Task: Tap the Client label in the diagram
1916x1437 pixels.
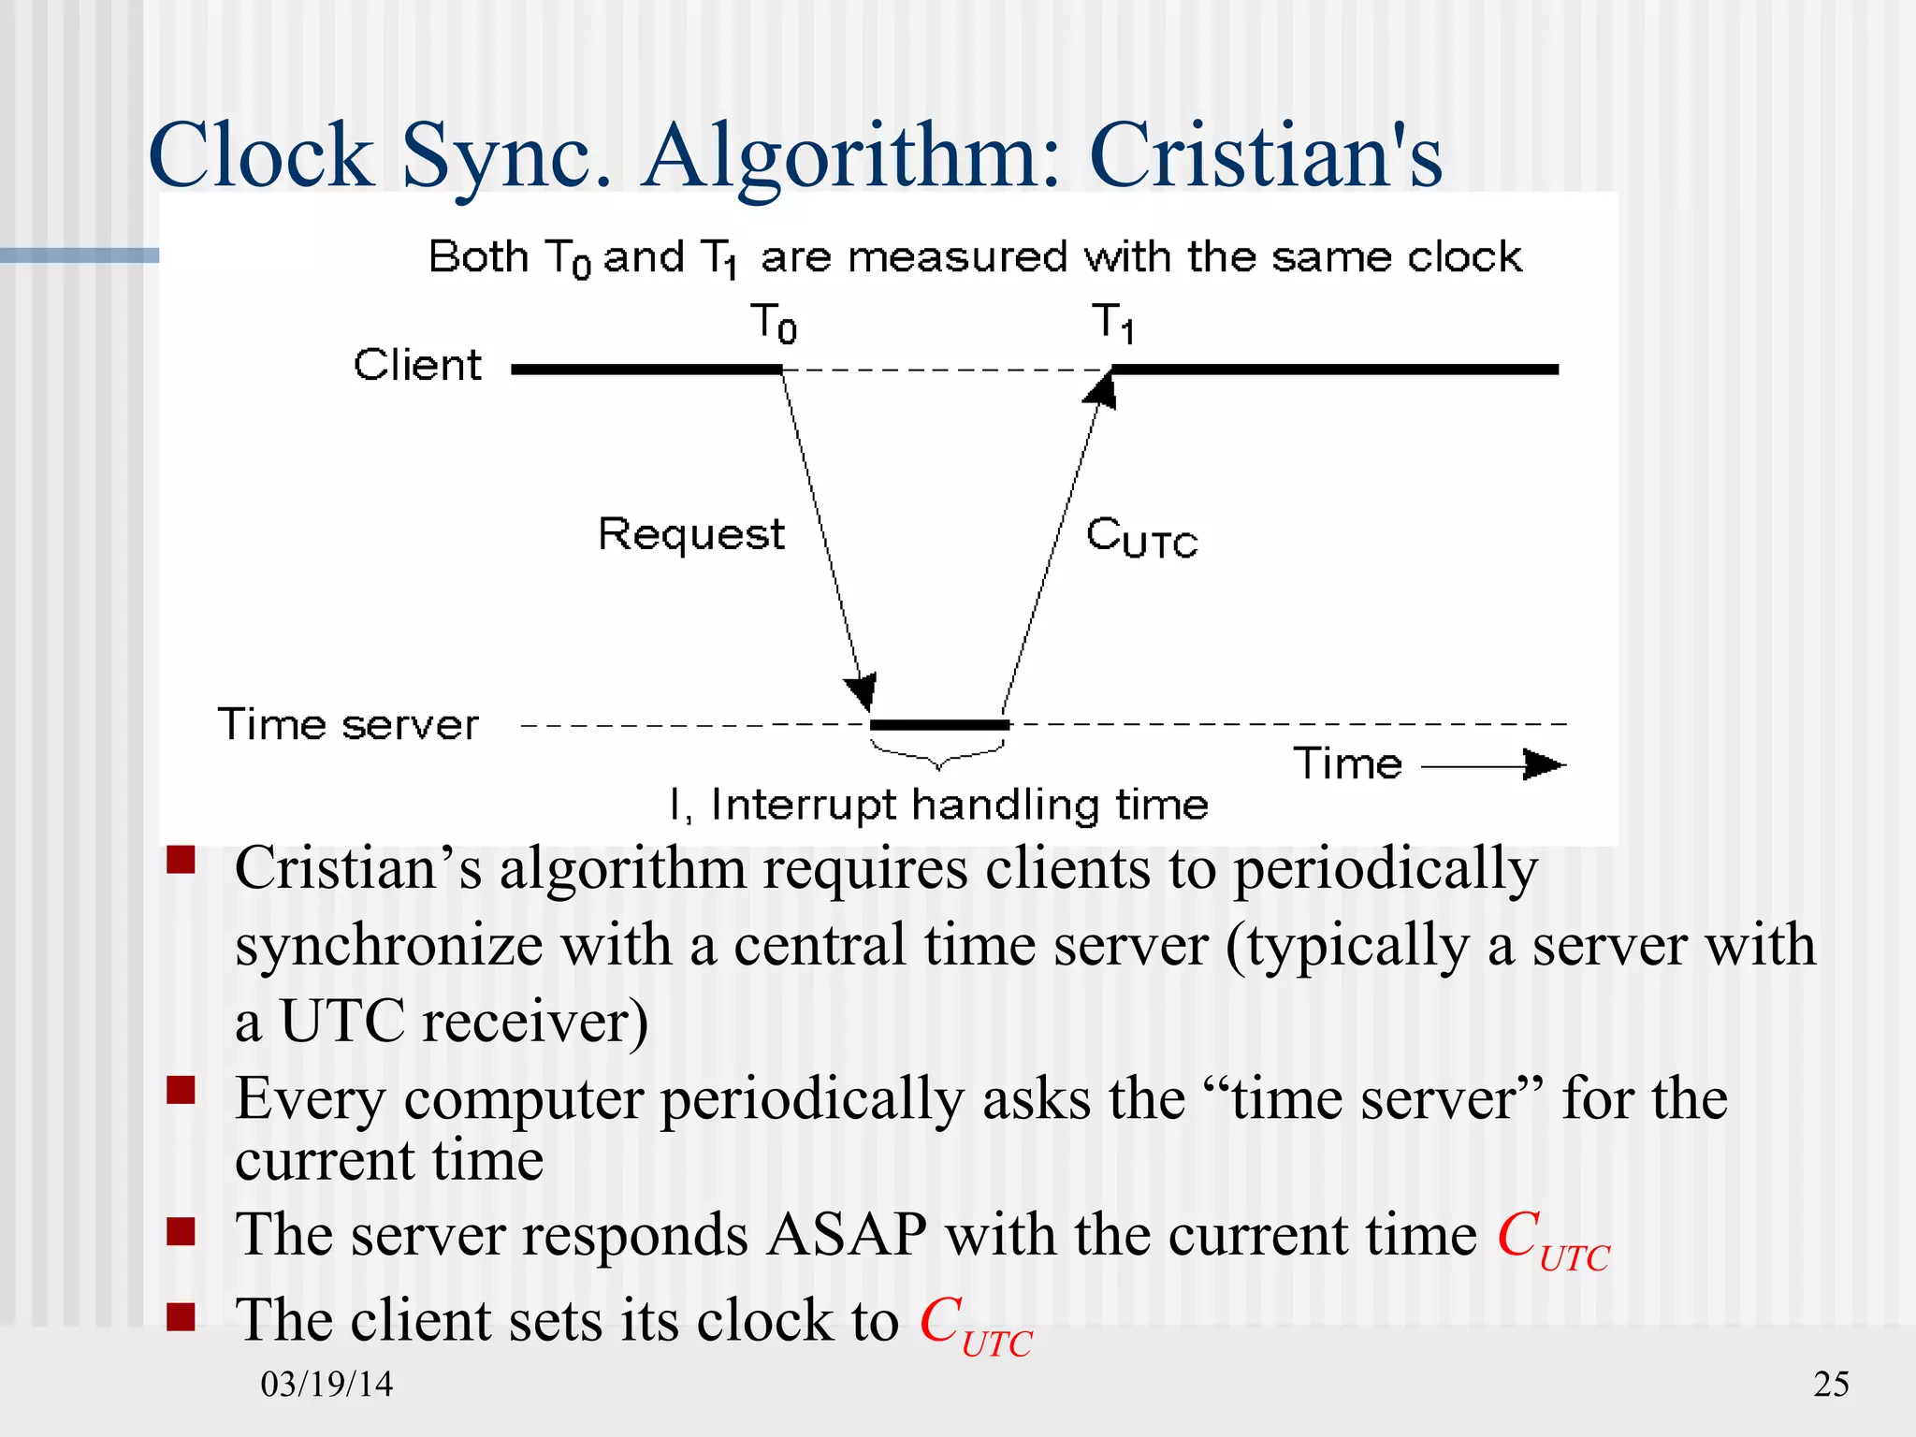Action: (x=417, y=365)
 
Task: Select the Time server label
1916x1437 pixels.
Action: (x=348, y=724)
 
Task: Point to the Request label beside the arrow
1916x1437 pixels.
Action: (x=691, y=535)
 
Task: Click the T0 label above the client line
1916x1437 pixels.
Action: (x=774, y=323)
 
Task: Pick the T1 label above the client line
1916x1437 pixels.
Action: (x=1113, y=323)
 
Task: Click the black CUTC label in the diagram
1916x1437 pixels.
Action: (x=1141, y=538)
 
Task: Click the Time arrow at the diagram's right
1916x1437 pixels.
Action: (x=1493, y=765)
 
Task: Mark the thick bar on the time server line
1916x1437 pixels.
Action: (x=939, y=725)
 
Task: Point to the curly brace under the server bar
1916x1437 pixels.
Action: (x=938, y=754)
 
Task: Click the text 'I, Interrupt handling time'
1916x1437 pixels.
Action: (x=939, y=805)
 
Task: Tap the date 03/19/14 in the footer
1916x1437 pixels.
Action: (x=327, y=1384)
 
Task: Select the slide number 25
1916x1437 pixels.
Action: (x=1831, y=1384)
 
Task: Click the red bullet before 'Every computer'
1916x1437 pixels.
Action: (x=181, y=1090)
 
